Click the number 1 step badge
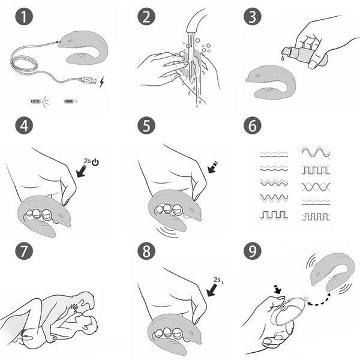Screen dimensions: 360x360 (x=24, y=17)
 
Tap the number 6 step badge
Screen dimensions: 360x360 (x=253, y=125)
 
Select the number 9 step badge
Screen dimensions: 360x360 (x=253, y=251)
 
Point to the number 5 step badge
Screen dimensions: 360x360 (x=146, y=125)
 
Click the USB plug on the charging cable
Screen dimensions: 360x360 (x=88, y=80)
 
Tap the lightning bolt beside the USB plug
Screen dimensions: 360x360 (x=102, y=82)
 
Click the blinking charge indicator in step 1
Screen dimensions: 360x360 (x=36, y=101)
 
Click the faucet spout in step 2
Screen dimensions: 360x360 (x=194, y=21)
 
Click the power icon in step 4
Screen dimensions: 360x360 (x=95, y=163)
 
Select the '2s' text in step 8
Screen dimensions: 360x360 (x=217, y=280)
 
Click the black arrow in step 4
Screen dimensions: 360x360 (x=82, y=171)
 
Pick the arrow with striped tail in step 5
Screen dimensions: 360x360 (x=213, y=167)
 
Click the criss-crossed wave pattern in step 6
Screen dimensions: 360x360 (x=316, y=187)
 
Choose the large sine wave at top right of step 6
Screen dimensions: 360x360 (x=316, y=152)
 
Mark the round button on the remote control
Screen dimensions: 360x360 (x=282, y=307)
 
